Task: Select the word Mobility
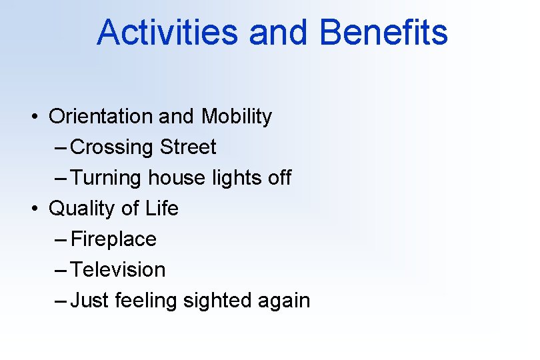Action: (237, 117)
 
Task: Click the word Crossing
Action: (112, 147)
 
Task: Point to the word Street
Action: (188, 147)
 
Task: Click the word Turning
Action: (106, 178)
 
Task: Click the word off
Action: (279, 178)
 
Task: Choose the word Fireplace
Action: (113, 239)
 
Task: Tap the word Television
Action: (118, 270)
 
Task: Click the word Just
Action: (90, 301)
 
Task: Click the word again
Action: (285, 301)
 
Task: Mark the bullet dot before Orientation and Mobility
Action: (33, 117)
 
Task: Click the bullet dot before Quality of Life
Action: (33, 209)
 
